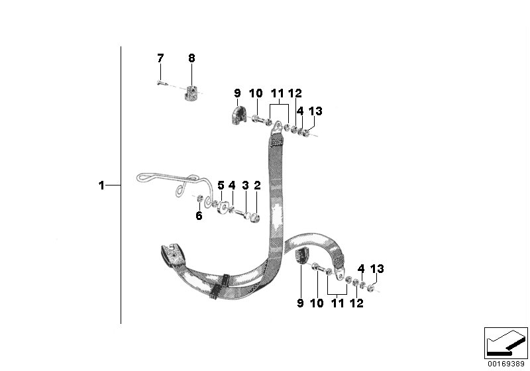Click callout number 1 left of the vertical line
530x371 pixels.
(x=101, y=185)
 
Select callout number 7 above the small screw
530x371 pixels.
(x=160, y=58)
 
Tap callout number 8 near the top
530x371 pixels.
(x=191, y=58)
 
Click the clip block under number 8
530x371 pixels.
(x=192, y=93)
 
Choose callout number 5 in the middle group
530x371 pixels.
(x=221, y=185)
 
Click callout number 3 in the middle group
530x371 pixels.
(x=245, y=185)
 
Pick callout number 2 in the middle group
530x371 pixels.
(x=257, y=185)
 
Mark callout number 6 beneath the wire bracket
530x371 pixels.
(x=199, y=215)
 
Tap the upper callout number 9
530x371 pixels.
(x=237, y=93)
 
